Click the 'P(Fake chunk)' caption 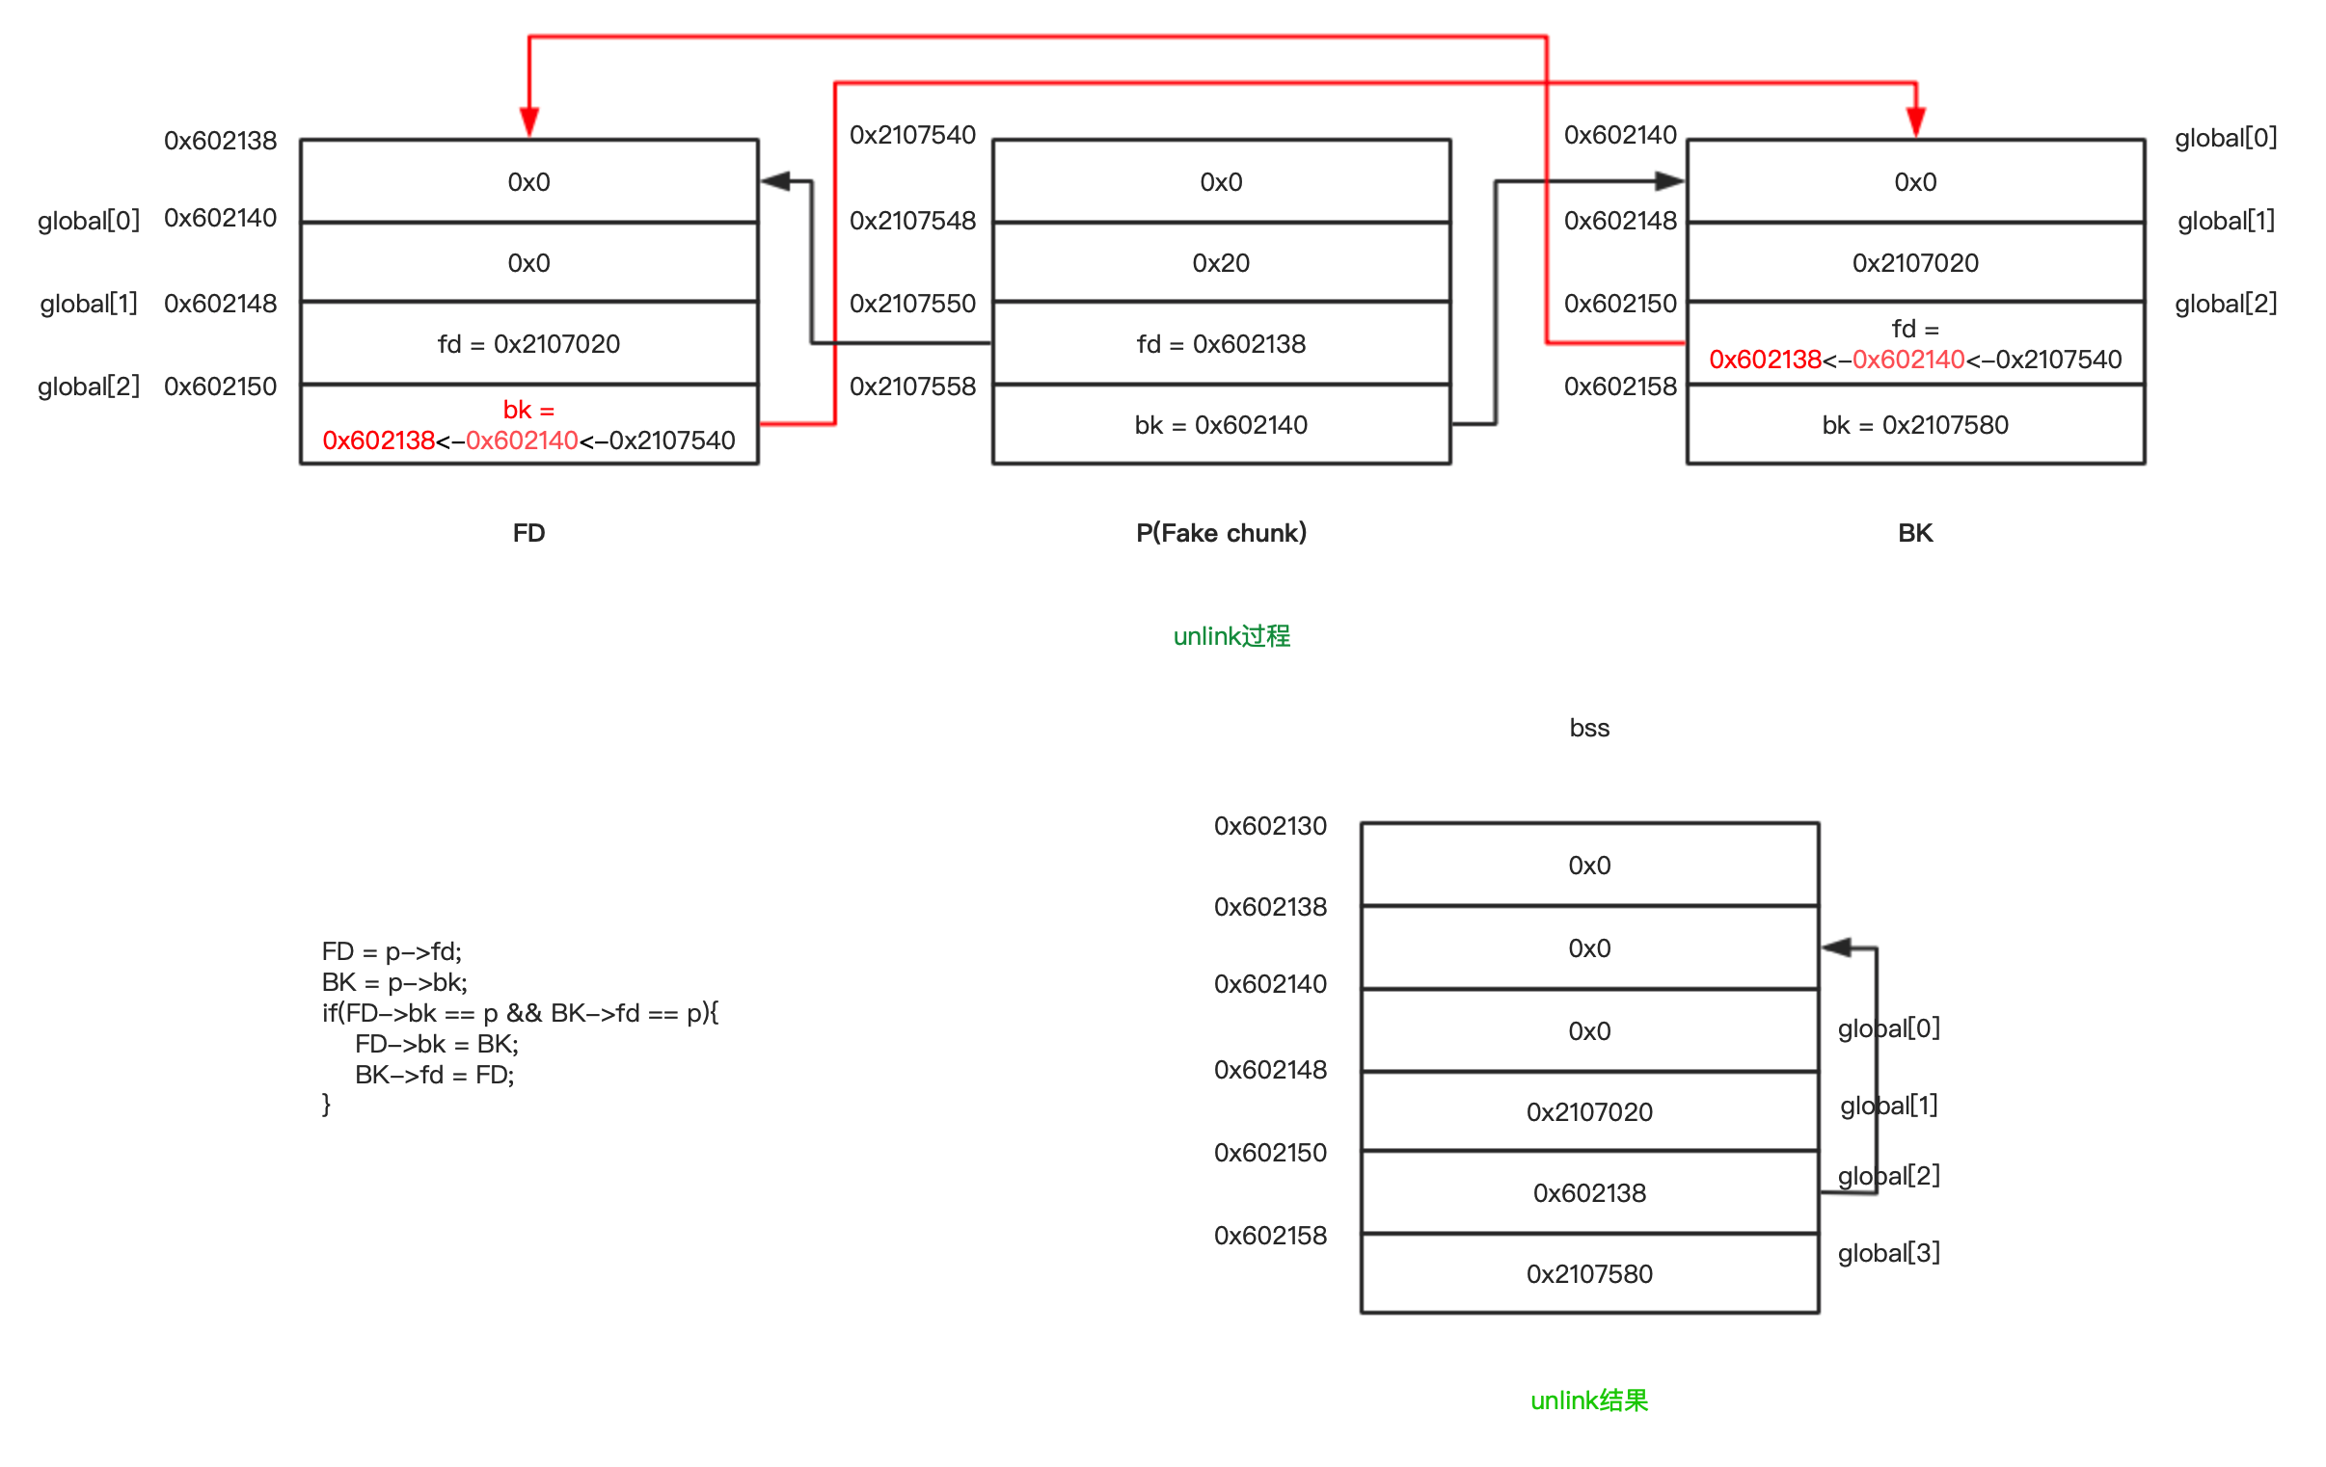[1221, 533]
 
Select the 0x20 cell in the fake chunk [1221, 263]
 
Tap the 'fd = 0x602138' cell [1221, 344]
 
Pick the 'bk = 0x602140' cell [1221, 425]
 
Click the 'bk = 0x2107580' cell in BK [1914, 425]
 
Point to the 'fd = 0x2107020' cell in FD [528, 344]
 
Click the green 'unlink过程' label [1231, 636]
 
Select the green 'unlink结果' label [1589, 1400]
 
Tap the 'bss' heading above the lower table [1589, 728]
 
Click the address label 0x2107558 [913, 387]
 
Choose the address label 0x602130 [1270, 826]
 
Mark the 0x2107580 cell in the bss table [1589, 1274]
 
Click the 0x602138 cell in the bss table [1589, 1192]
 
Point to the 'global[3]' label [1888, 1253]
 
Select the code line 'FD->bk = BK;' [437, 1044]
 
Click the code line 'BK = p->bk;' [394, 982]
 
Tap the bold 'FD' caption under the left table [528, 533]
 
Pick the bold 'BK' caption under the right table [1914, 533]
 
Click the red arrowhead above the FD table [529, 121]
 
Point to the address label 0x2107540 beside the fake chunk [913, 135]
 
